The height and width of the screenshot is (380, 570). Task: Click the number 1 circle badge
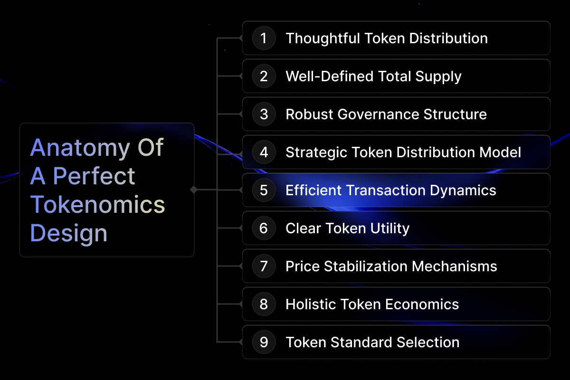point(264,38)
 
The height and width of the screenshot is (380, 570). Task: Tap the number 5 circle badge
point(264,190)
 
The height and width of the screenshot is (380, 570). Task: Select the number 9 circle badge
point(264,342)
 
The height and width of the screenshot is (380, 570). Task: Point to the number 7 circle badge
point(264,266)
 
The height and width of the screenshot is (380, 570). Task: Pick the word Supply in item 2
point(438,77)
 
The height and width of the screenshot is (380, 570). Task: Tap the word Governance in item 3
point(378,114)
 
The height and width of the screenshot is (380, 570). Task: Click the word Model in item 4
point(500,152)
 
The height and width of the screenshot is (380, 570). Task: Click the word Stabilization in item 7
point(366,266)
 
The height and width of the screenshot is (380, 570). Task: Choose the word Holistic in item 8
point(311,304)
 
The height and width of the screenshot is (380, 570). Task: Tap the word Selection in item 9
point(428,342)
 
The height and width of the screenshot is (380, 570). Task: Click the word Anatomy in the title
point(80,149)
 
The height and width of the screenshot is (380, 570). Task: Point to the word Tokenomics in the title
point(97,204)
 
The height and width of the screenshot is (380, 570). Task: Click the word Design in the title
point(69,234)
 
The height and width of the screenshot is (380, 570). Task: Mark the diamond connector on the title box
point(194,190)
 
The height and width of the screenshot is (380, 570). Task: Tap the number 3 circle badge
point(264,114)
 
